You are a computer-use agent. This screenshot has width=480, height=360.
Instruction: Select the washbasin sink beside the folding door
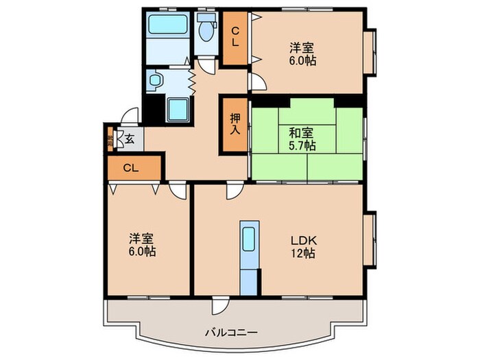point(154,81)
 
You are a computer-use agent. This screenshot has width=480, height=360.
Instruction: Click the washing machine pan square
point(178,108)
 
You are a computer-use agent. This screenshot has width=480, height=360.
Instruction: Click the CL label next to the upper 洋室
point(234,36)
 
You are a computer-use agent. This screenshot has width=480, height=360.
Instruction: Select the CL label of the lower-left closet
point(132,167)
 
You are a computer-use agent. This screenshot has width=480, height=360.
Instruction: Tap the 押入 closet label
point(234,125)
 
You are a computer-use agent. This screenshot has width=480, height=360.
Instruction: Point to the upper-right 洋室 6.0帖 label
point(302,53)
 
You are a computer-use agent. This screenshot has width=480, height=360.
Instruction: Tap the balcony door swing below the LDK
point(219,307)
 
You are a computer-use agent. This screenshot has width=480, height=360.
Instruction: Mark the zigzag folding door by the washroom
point(193,78)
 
